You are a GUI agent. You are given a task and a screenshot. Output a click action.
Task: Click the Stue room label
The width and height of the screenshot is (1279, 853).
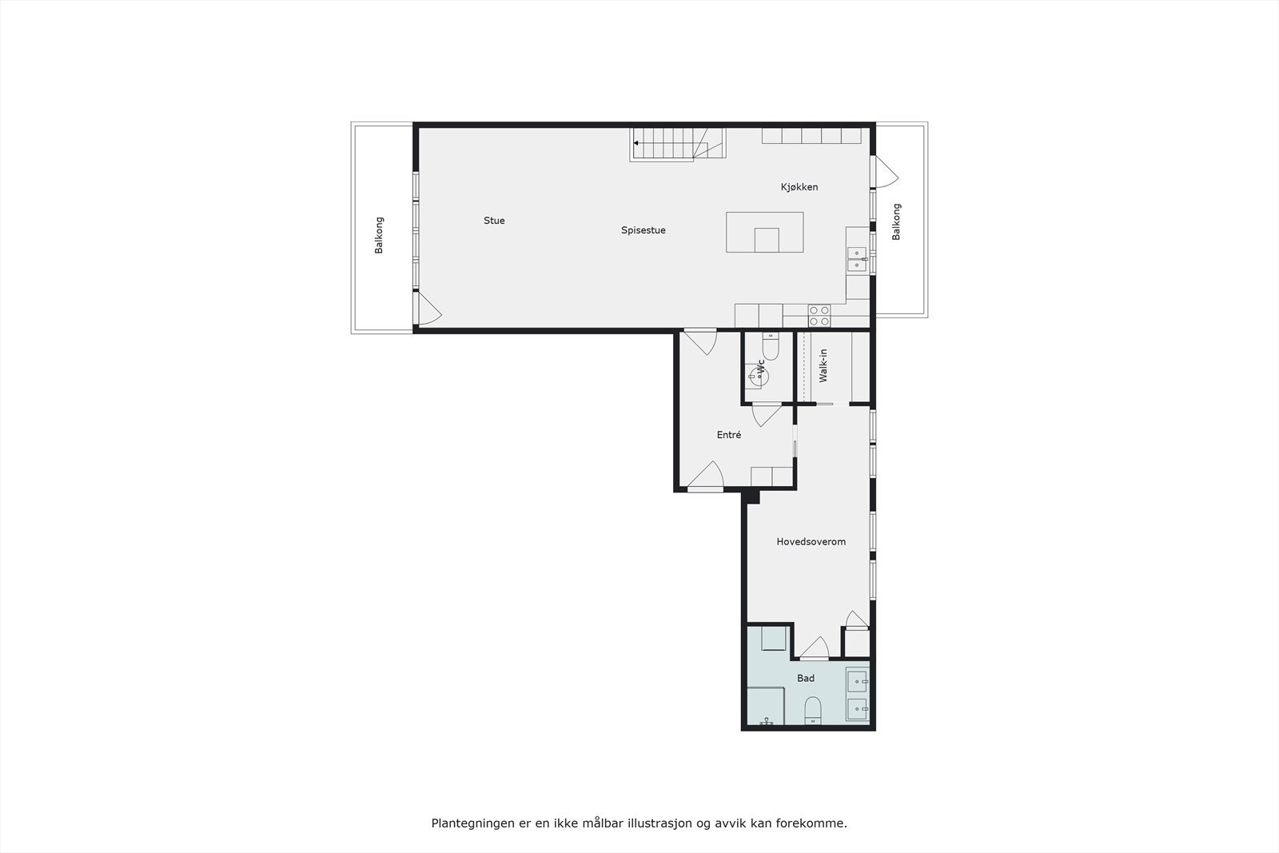[494, 221]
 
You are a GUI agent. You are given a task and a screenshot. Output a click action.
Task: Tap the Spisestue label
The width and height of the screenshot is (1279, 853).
[643, 230]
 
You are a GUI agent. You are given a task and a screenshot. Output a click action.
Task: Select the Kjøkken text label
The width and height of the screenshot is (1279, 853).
[799, 187]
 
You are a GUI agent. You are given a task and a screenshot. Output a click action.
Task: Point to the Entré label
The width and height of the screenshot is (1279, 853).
[729, 435]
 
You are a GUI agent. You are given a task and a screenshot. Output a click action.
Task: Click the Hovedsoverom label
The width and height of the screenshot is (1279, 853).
[811, 541]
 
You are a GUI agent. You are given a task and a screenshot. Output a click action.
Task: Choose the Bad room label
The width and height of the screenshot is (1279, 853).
[806, 678]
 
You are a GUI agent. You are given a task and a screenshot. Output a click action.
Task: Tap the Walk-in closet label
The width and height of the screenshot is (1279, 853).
[823, 365]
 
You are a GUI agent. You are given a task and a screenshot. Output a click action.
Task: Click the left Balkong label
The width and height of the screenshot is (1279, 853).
[380, 235]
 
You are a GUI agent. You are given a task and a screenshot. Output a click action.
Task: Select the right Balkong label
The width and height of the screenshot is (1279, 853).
[896, 221]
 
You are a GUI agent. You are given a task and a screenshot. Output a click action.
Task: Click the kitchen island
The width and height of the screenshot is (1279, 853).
[764, 232]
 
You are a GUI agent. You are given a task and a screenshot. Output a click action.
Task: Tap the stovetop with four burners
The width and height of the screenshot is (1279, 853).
[819, 316]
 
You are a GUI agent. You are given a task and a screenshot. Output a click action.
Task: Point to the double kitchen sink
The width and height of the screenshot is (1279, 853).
[856, 259]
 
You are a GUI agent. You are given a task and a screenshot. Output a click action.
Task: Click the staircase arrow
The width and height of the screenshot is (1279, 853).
[637, 144]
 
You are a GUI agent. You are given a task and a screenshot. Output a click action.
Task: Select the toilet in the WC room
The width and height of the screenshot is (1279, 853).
[771, 346]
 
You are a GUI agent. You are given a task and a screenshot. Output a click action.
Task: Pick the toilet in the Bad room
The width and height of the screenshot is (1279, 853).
[813, 710]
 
